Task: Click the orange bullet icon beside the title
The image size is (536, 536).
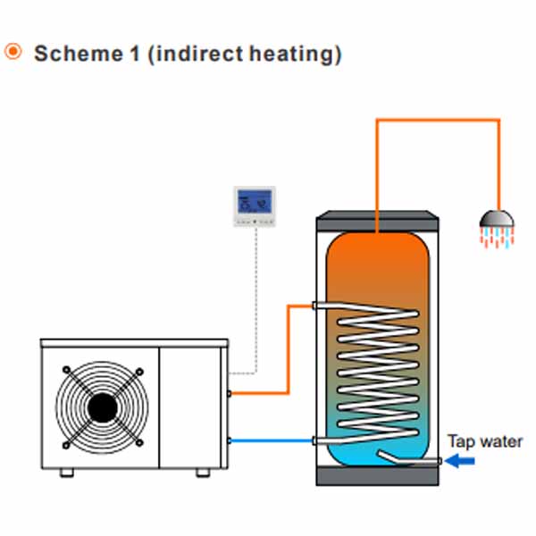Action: tap(13, 52)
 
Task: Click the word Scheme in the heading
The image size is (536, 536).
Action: tap(79, 54)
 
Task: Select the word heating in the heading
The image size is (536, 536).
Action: tap(292, 54)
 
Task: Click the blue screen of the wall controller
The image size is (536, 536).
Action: tap(255, 201)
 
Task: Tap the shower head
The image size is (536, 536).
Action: tap(497, 219)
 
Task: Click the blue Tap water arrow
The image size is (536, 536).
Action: tap(460, 461)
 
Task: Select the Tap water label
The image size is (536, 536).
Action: tap(485, 441)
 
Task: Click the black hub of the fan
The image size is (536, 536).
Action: tap(102, 407)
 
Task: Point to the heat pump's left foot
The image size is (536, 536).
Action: tap(67, 473)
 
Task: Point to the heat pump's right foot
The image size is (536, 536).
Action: tap(203, 473)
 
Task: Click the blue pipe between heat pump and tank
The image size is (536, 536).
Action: tap(272, 441)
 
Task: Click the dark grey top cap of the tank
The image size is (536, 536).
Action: tap(377, 221)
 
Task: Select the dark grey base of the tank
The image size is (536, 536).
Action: tap(377, 475)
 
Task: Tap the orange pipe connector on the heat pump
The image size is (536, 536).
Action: tap(229, 393)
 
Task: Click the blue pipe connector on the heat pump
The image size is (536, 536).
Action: tap(229, 441)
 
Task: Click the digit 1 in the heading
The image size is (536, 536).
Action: tap(135, 54)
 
